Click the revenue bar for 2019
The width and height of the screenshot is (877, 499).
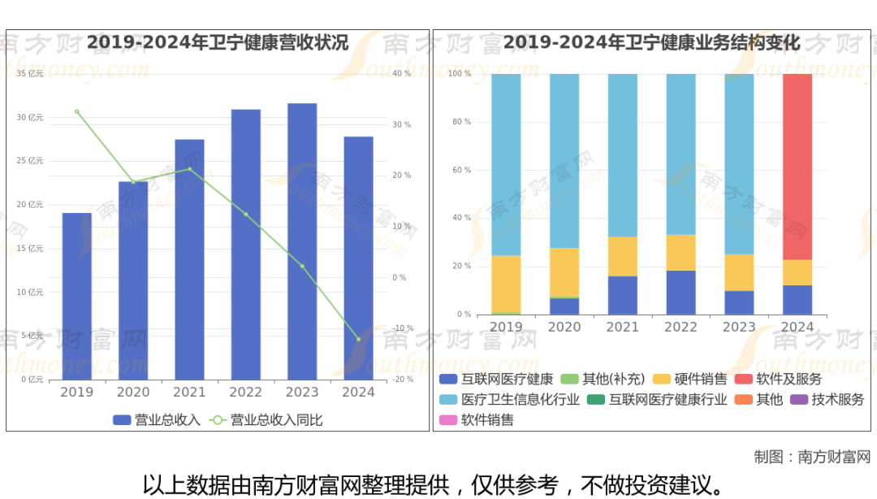click(77, 296)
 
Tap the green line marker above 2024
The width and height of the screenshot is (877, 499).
click(358, 339)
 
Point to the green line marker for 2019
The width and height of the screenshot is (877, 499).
click(77, 111)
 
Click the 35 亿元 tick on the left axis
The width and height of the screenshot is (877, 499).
click(30, 74)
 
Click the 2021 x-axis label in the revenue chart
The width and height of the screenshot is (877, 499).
click(189, 393)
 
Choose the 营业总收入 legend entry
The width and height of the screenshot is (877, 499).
click(157, 420)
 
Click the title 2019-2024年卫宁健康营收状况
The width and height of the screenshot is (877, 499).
click(218, 42)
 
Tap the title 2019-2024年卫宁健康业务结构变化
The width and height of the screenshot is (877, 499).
click(651, 42)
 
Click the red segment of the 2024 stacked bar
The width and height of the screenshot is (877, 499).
click(797, 167)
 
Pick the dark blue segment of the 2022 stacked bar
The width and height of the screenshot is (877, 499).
click(680, 293)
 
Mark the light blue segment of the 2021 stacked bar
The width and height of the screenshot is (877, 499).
click(623, 154)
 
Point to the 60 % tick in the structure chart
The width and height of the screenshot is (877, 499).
click(461, 170)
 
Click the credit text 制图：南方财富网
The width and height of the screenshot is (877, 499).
click(811, 457)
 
